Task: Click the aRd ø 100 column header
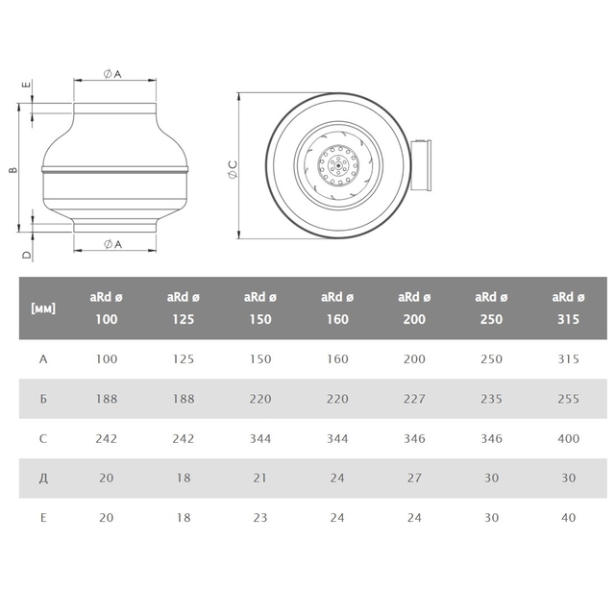(x=107, y=308)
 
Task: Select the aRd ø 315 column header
(x=568, y=308)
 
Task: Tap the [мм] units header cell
(x=43, y=308)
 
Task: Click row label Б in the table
(x=43, y=399)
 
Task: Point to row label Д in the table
(x=43, y=479)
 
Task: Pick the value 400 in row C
(x=568, y=438)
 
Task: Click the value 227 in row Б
(x=414, y=399)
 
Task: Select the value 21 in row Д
(x=260, y=479)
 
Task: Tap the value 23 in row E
(x=260, y=518)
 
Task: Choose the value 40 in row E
(x=568, y=518)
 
